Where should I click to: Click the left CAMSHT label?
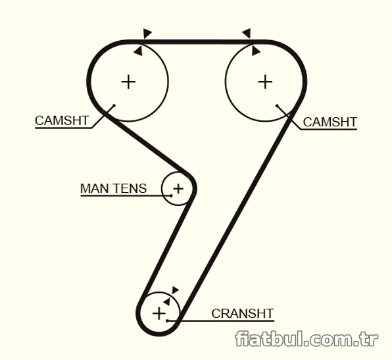[62, 120]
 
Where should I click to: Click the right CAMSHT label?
[330, 122]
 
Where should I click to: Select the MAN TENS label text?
[113, 188]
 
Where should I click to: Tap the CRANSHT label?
[243, 313]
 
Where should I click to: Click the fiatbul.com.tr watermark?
[306, 339]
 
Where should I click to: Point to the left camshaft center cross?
[128, 82]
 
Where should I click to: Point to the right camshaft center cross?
[265, 82]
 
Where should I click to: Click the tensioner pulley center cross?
[178, 188]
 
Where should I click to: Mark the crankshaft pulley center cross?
[159, 313]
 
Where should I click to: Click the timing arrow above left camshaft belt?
[147, 33]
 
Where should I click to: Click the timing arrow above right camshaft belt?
[247, 33]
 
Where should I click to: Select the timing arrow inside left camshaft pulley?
[138, 51]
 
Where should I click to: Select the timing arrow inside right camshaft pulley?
[256, 51]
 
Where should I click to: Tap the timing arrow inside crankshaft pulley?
[167, 301]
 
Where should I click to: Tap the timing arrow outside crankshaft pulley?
[175, 290]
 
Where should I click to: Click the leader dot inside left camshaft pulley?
[114, 105]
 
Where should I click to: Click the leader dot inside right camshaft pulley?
[277, 105]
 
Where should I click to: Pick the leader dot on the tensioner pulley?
[171, 195]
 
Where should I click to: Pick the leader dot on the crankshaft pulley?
[167, 321]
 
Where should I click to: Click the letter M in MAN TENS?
[86, 188]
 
